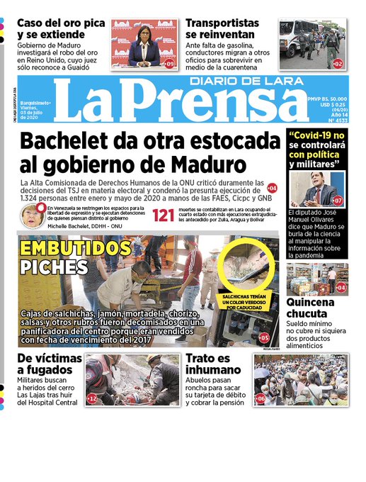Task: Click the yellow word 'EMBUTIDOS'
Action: pyautogui.click(x=71, y=248)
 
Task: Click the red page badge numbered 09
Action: pyautogui.click(x=170, y=64)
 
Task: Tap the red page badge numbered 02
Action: pyautogui.click(x=338, y=64)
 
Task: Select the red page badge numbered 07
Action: pyautogui.click(x=338, y=201)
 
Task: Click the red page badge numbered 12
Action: pyautogui.click(x=92, y=399)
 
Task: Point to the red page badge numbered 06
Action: pyautogui.click(x=261, y=399)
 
